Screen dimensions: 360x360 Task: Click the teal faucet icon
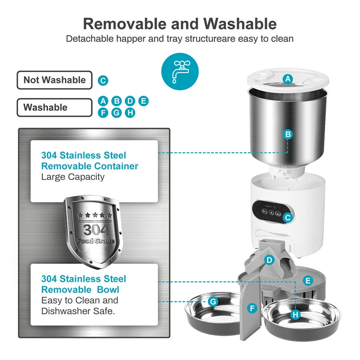(180, 68)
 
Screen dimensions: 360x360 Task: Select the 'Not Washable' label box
(54, 80)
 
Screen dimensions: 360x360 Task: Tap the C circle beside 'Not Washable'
(103, 81)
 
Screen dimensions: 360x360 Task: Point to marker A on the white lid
(288, 79)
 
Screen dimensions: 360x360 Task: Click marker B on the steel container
(288, 134)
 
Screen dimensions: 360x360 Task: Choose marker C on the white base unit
(288, 217)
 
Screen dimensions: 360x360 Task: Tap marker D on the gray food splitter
(269, 260)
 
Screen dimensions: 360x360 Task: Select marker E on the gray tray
(308, 280)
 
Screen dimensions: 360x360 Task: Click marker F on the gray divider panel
(252, 308)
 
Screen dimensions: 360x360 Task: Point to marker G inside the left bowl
(213, 301)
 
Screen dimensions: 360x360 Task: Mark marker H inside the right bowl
(296, 314)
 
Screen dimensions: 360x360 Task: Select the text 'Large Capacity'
(73, 177)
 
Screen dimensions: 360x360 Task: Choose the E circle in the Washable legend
(144, 101)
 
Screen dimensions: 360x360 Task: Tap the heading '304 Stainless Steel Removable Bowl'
(84, 284)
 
